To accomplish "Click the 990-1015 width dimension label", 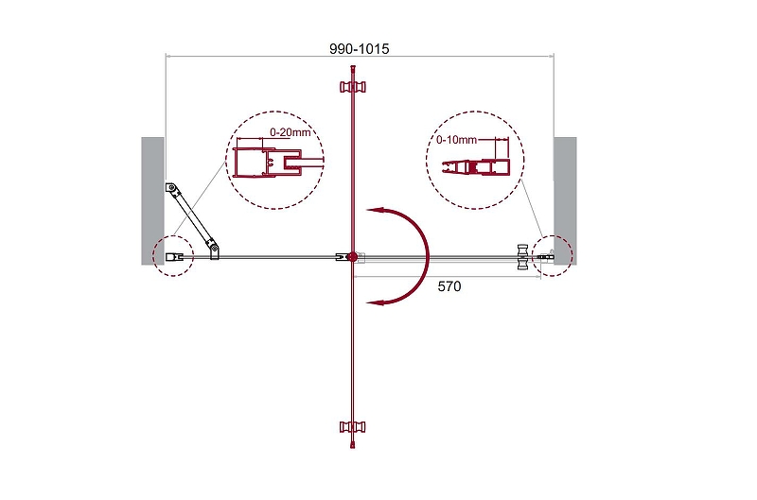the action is [360, 49].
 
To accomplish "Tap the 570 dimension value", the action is [449, 286].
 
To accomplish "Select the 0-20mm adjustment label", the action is [290, 131].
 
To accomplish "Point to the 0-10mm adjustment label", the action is [456, 140].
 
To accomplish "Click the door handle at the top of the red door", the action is [353, 87].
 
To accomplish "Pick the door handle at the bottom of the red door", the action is [353, 426].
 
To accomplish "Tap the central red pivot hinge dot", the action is [353, 257].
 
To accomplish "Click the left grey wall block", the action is [153, 200].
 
